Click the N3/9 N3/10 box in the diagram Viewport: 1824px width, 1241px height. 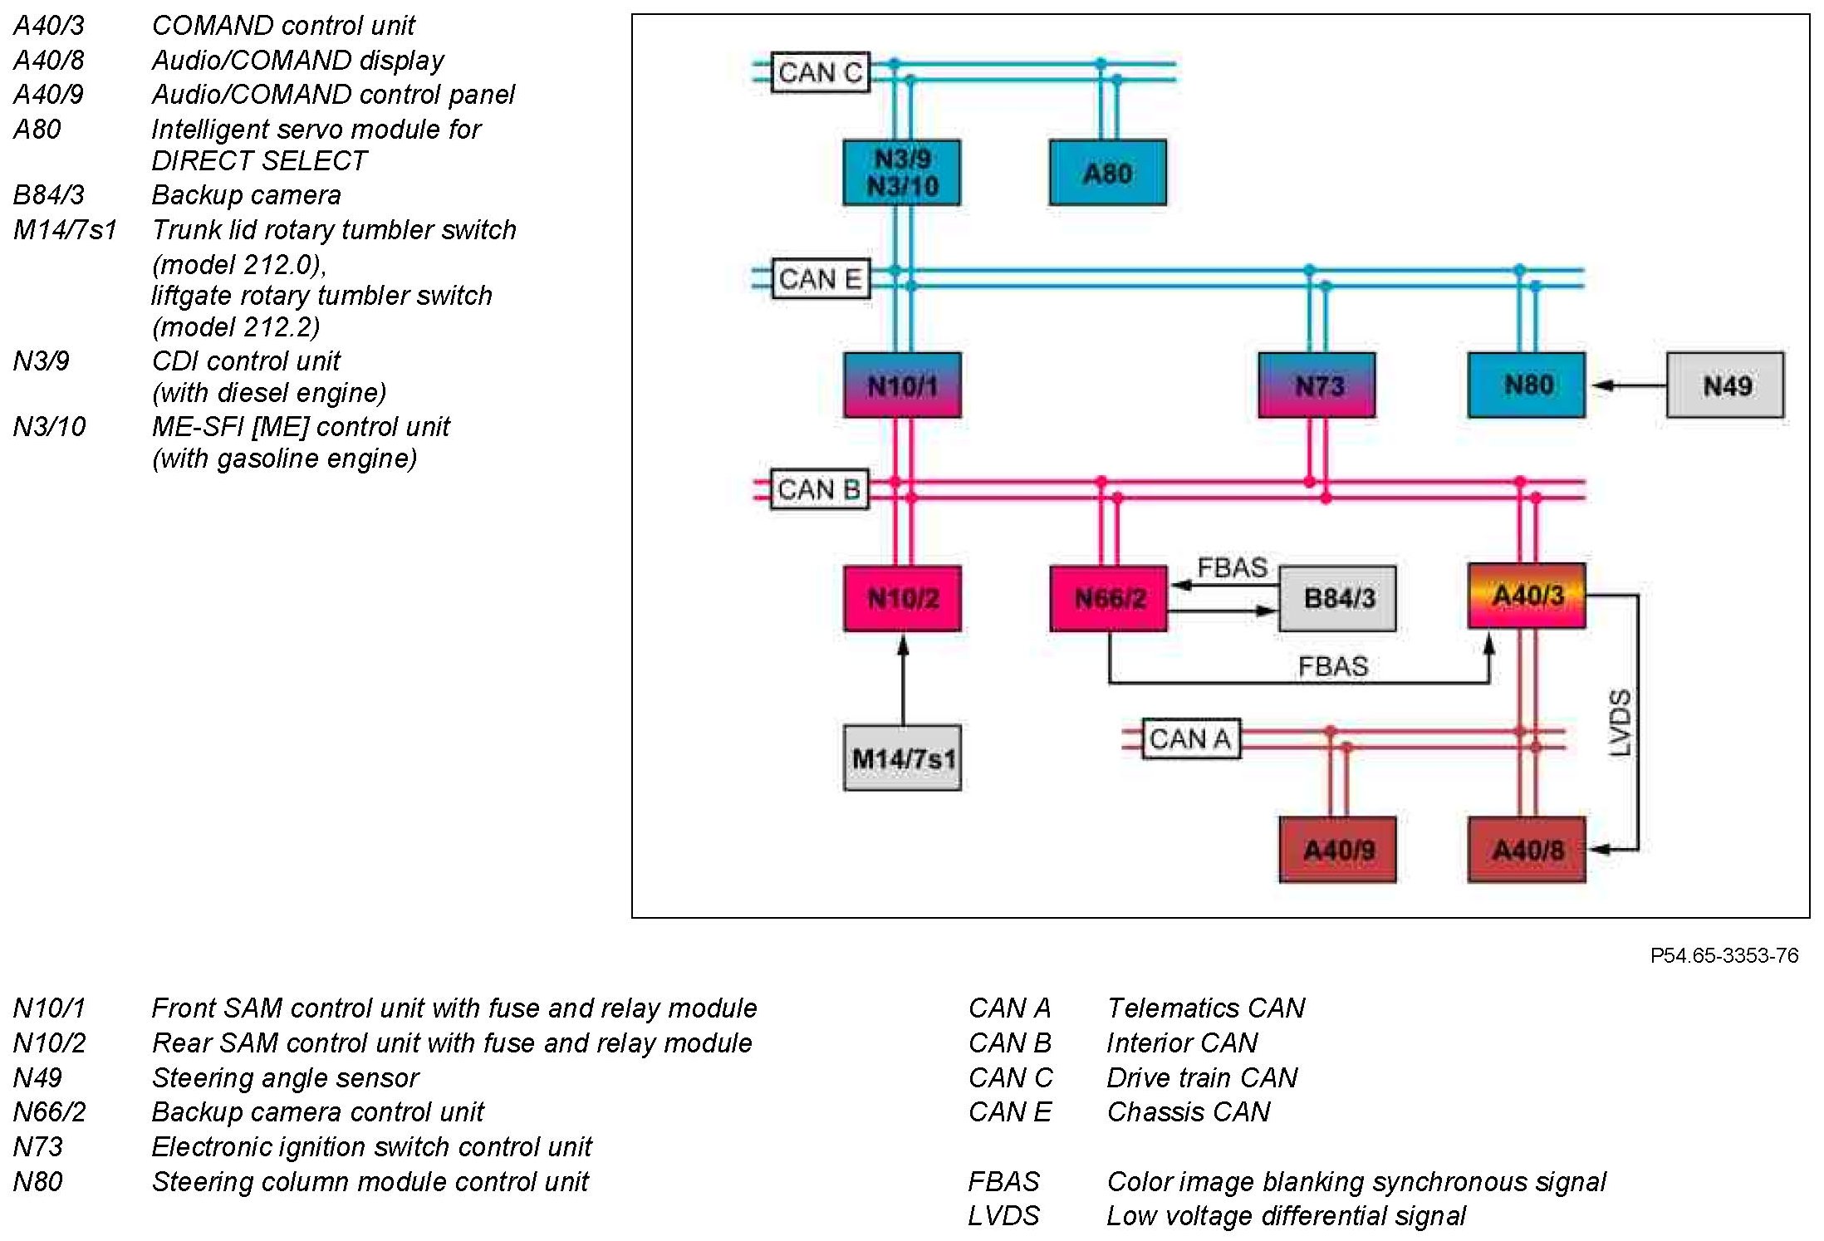pos(901,173)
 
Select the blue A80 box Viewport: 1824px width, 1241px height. pos(1107,173)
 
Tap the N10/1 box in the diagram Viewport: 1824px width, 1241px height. pos(902,385)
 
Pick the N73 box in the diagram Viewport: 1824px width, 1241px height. pos(1317,385)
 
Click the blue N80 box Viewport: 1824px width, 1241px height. pos(1526,385)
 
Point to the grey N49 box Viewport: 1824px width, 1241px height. pos(1725,385)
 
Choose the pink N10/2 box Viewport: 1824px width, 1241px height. pos(902,598)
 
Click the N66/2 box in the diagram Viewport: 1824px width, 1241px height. pos(1108,598)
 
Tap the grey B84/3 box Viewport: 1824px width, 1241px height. pos(1337,598)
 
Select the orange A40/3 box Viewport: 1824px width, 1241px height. pos(1527,596)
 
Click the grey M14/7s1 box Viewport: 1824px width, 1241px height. pos(902,758)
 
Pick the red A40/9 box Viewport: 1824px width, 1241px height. pos(1337,850)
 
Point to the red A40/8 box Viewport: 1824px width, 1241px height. pos(1527,850)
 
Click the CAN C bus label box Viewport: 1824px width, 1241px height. pos(820,72)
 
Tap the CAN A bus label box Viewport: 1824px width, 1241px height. pos(1190,738)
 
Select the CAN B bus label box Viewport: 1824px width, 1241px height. pos(819,489)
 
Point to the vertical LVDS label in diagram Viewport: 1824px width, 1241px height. pos(1621,723)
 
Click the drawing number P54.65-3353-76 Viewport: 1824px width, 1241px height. pos(1724,955)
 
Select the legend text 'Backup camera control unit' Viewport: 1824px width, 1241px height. pos(317,1111)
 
